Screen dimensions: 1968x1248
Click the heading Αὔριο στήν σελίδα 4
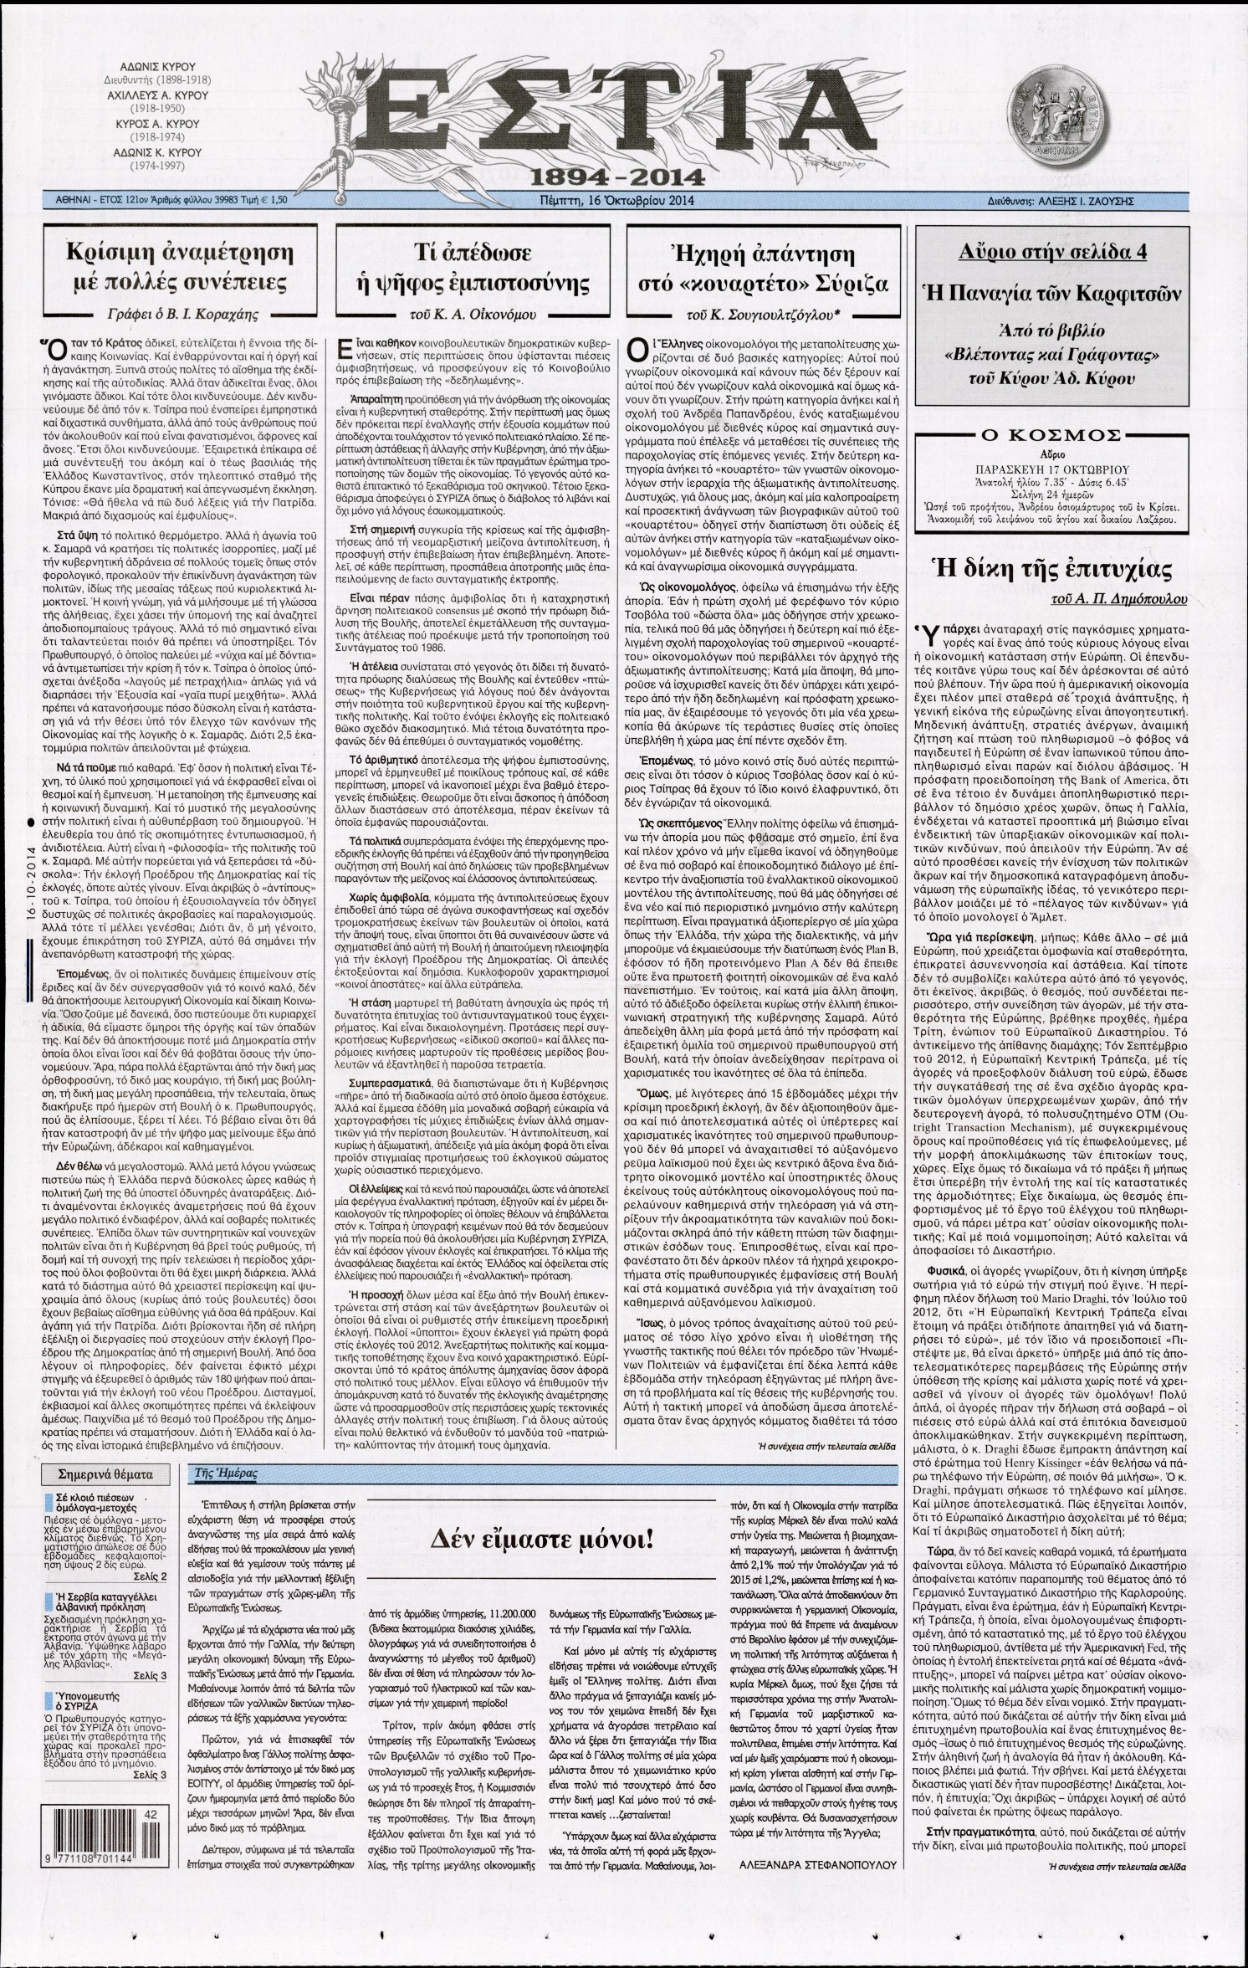[1052, 253]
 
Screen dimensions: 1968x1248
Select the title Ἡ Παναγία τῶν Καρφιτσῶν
[1051, 294]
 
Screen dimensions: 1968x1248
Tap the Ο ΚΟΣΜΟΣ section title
[1052, 436]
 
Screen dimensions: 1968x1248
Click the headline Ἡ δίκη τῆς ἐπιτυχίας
[1052, 571]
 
